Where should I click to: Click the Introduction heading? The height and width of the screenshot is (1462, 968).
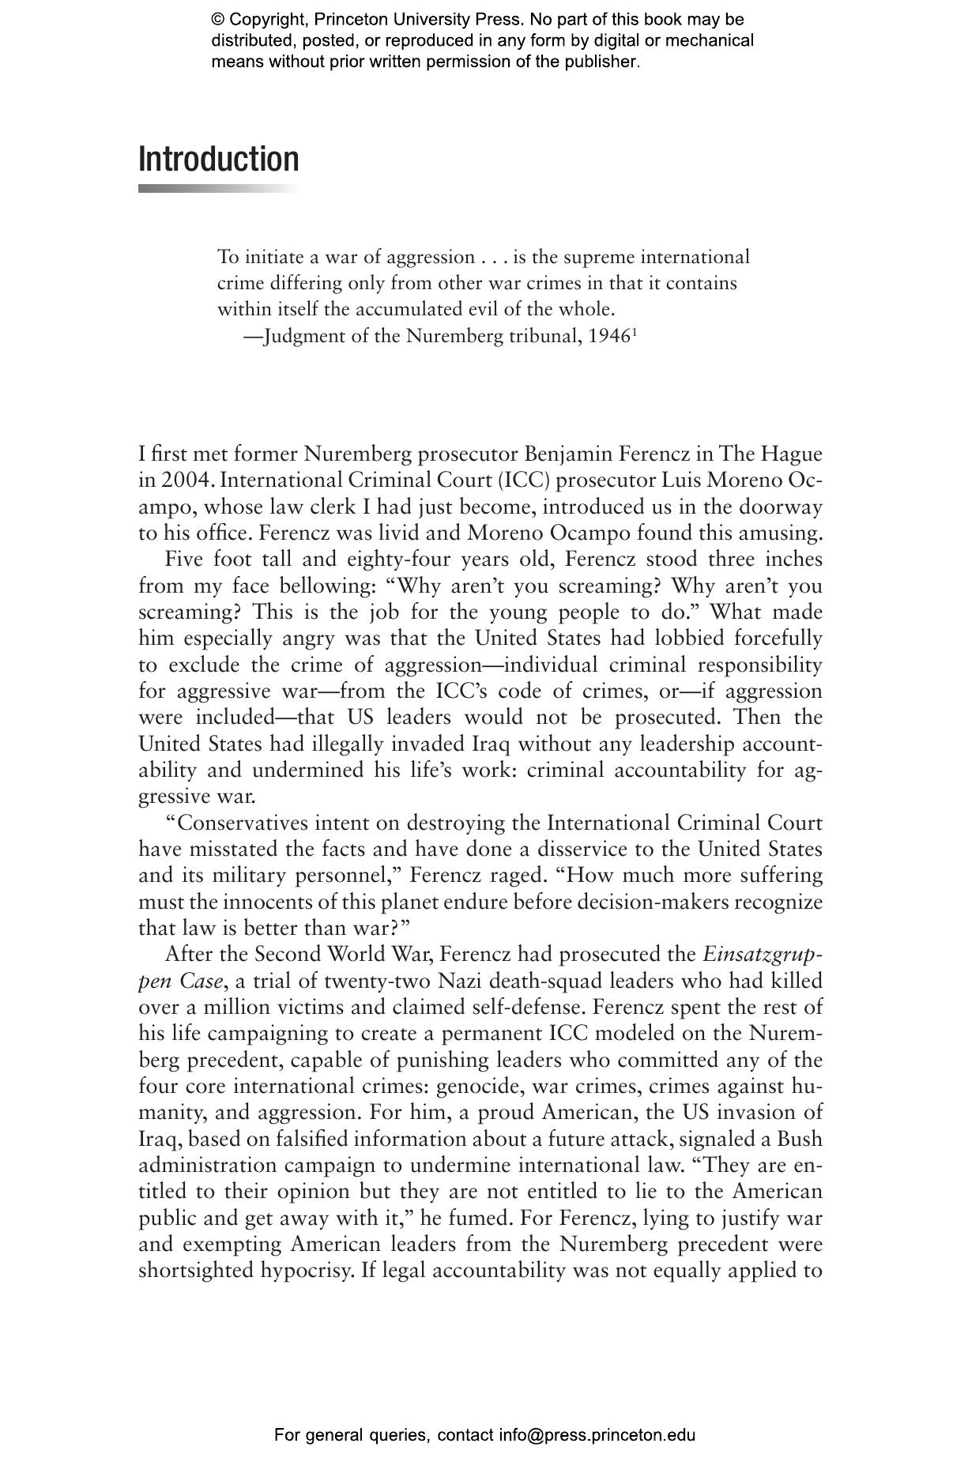219,159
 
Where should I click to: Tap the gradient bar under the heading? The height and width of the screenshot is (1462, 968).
219,189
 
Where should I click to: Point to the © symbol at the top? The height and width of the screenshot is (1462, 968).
217,20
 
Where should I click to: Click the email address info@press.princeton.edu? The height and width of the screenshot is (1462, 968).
597,1435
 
